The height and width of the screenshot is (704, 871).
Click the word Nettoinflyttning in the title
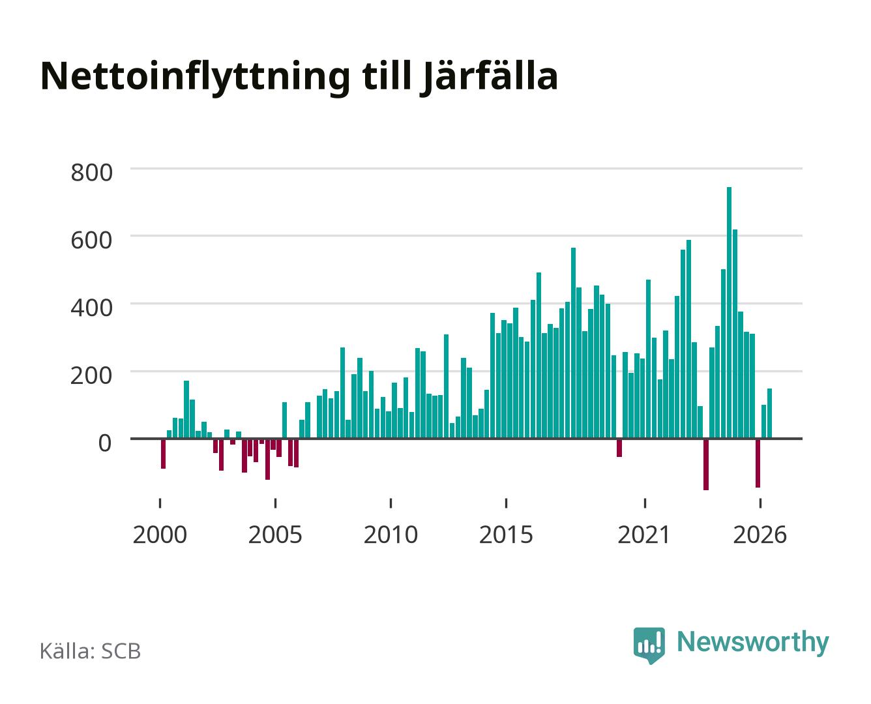click(195, 78)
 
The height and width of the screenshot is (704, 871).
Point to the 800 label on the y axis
click(91, 172)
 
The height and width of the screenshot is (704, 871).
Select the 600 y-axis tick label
click(91, 240)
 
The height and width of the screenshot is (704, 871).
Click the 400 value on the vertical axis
click(91, 308)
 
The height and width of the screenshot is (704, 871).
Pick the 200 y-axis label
click(91, 375)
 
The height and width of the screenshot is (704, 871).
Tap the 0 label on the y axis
click(105, 443)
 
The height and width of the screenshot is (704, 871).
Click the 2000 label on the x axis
click(160, 535)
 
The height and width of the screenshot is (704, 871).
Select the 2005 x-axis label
click(274, 535)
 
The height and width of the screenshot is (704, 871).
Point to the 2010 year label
click(391, 535)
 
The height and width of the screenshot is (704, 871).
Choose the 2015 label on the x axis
click(506, 535)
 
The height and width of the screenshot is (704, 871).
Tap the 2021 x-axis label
click(643, 535)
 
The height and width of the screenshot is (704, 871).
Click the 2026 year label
click(760, 535)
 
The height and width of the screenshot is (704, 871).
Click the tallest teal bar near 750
click(729, 313)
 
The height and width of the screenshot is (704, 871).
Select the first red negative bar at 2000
click(163, 454)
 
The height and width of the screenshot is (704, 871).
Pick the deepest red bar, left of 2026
click(706, 464)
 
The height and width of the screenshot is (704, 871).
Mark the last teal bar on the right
click(769, 413)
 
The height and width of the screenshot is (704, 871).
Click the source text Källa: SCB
click(90, 651)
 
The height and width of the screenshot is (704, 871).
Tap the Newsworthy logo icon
click(649, 645)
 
